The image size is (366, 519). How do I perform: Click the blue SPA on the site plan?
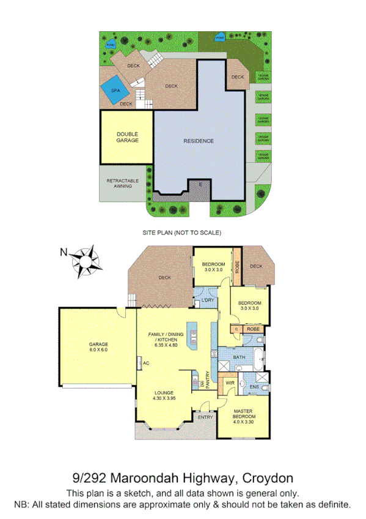(115, 90)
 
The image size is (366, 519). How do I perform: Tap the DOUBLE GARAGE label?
(127, 137)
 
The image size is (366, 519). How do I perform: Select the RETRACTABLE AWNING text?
(122, 184)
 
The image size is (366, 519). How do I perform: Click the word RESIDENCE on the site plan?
(199, 141)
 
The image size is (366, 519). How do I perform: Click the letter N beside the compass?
(63, 252)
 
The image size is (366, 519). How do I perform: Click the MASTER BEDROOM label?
(244, 416)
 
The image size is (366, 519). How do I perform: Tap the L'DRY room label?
(208, 301)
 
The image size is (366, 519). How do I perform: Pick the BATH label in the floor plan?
(238, 357)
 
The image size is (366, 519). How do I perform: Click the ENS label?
(254, 387)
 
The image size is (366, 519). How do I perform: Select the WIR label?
(230, 383)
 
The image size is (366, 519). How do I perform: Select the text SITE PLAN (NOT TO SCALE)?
(181, 233)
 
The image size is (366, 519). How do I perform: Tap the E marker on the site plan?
(199, 184)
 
